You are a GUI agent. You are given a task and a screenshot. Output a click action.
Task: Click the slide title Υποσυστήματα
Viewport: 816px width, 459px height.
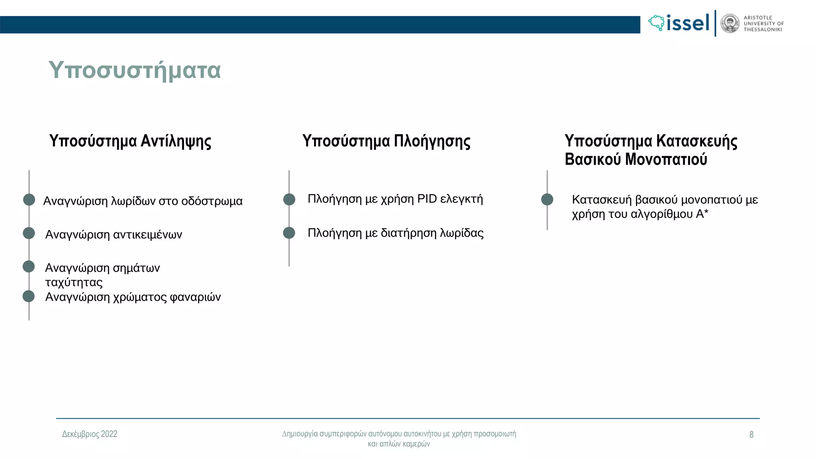[x=134, y=70]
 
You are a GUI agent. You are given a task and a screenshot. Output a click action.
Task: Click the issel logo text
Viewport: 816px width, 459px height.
[x=688, y=23]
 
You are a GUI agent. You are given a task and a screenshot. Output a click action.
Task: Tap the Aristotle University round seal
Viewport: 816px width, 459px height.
[x=730, y=24]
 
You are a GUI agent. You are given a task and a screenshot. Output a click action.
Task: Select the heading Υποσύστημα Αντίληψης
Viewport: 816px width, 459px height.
[x=130, y=141]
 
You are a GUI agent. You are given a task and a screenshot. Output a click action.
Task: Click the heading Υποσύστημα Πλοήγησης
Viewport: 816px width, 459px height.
[x=386, y=141]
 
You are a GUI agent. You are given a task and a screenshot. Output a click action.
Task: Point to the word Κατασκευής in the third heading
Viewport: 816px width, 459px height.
[x=696, y=141]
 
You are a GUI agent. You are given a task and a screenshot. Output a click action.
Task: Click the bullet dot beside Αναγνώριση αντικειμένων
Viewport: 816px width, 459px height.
[x=29, y=233]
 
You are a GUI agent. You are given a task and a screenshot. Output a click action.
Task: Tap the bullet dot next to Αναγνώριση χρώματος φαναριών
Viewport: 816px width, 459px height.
[x=29, y=296]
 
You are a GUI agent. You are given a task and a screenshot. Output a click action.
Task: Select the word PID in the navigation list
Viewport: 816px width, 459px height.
[x=427, y=199]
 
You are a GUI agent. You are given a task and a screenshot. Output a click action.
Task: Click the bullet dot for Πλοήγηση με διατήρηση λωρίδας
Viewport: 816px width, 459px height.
[x=289, y=233]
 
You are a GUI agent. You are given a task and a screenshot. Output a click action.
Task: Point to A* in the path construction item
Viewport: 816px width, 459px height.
[x=702, y=214]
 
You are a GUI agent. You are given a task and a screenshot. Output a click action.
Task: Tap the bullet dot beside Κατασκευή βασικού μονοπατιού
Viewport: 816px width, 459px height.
[x=547, y=199]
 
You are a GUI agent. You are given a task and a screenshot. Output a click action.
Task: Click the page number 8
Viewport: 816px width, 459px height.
[x=751, y=434]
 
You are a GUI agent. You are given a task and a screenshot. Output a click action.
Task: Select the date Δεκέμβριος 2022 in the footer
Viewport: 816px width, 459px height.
[x=90, y=434]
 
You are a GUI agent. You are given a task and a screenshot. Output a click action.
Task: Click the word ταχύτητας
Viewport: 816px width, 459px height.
[x=74, y=282]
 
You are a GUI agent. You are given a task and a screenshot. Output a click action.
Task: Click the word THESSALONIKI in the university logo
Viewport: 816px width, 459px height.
[x=763, y=29]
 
